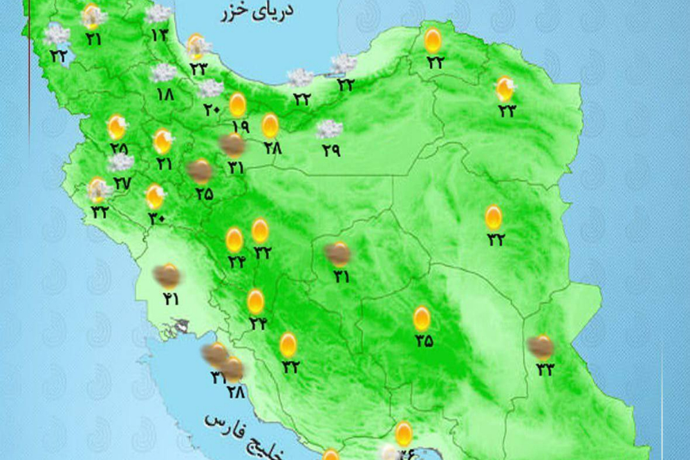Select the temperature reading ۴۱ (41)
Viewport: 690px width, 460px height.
point(170,300)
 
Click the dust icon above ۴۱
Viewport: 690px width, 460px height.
point(167,276)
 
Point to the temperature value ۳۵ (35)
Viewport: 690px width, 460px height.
point(423,340)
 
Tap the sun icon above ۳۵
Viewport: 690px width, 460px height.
point(422,319)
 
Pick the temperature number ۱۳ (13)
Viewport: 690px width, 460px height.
point(159,33)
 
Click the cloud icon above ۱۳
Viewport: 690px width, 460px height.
point(159,13)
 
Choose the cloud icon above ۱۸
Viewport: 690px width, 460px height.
point(164,73)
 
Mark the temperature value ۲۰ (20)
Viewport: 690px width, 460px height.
point(212,108)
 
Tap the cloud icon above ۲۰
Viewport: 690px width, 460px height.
point(210,89)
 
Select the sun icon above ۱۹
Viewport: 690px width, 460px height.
point(238,104)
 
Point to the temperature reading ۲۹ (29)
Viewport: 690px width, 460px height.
point(330,150)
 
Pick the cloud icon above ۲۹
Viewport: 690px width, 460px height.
point(329,129)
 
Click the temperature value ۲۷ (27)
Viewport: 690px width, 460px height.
point(122,183)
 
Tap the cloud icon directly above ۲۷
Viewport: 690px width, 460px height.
point(121,163)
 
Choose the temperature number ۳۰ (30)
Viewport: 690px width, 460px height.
point(156,219)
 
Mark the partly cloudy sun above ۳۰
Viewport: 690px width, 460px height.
point(156,196)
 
